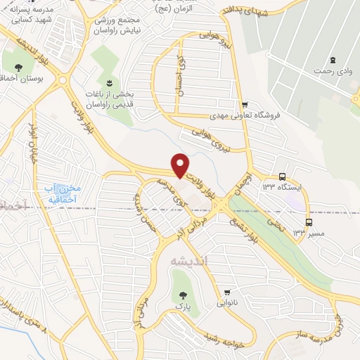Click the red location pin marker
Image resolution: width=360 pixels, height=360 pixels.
click(181, 165)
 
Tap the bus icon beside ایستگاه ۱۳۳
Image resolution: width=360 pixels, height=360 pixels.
click(282, 177)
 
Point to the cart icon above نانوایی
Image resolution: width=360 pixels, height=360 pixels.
click(227, 292)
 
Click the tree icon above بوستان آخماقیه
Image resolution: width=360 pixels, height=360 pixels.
click(18, 68)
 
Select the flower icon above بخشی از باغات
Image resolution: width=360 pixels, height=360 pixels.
click(108, 82)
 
